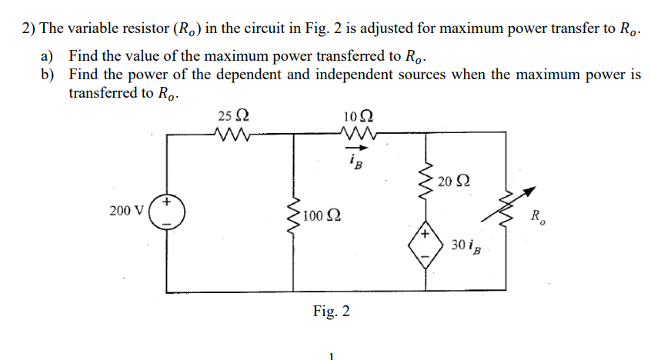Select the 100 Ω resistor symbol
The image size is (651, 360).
(292, 215)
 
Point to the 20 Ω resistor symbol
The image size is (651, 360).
(424, 182)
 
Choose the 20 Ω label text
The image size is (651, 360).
(452, 182)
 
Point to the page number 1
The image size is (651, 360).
(330, 355)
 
